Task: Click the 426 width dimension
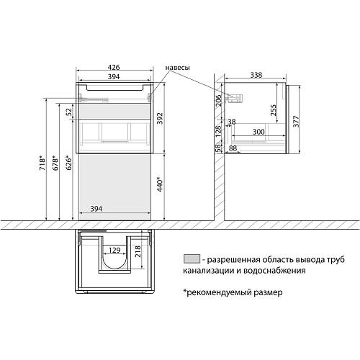[115, 68]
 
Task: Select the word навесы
[177, 68]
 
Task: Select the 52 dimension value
[69, 111]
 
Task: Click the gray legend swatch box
[191, 258]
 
